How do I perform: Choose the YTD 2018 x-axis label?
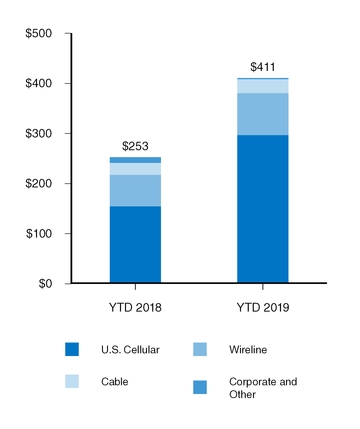pyautogui.click(x=135, y=306)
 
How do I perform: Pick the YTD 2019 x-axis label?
pyautogui.click(x=263, y=306)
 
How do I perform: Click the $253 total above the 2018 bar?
pyautogui.click(x=135, y=145)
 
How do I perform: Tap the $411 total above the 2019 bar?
pyautogui.click(x=263, y=66)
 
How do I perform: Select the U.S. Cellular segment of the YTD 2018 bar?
pyautogui.click(x=135, y=245)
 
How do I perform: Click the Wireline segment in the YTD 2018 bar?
pyautogui.click(x=135, y=191)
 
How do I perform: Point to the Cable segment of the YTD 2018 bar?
pyautogui.click(x=135, y=169)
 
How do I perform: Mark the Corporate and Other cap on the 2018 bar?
pyautogui.click(x=135, y=160)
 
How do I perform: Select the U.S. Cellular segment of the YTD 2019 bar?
pyautogui.click(x=263, y=209)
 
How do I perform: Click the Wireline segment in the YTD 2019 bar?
pyautogui.click(x=263, y=114)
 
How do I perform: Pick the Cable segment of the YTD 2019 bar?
pyautogui.click(x=263, y=86)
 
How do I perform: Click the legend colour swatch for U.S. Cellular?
pyautogui.click(x=71, y=349)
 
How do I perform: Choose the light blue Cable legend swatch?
pyautogui.click(x=71, y=382)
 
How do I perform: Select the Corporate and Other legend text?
pyautogui.click(x=263, y=388)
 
